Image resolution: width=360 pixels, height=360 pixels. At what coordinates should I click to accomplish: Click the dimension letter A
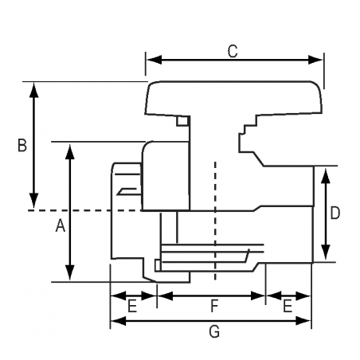pos(59,227)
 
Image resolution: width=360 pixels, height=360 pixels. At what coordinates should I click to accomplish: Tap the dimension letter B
pos(22,145)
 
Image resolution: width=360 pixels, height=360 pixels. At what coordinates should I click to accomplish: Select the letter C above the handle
pos(233,51)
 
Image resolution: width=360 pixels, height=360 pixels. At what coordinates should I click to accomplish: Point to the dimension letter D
pos(335,213)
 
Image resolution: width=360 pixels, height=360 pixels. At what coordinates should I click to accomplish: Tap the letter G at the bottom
pos(213,332)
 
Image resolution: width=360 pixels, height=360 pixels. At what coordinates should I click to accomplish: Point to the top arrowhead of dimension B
pos(33,87)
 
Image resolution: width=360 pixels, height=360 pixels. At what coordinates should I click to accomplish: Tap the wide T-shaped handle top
pos(235,99)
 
